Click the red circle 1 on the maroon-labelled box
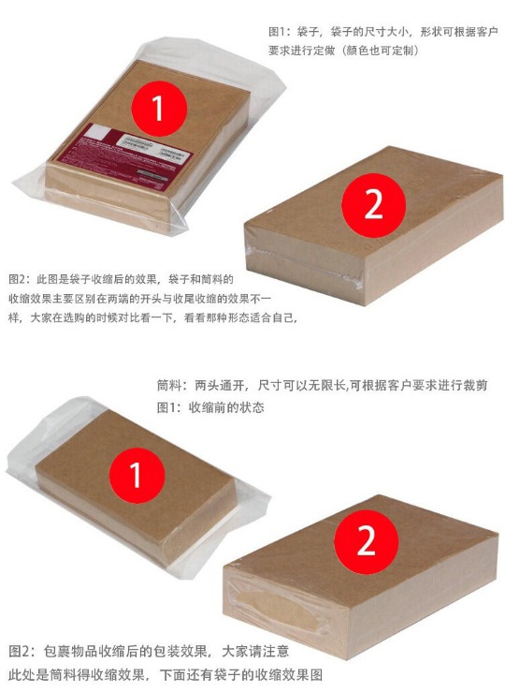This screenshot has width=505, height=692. tap(157, 110)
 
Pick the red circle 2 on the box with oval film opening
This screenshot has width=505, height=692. tap(366, 540)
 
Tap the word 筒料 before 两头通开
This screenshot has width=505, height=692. tap(170, 387)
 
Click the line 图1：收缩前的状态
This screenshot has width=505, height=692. tap(210, 407)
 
